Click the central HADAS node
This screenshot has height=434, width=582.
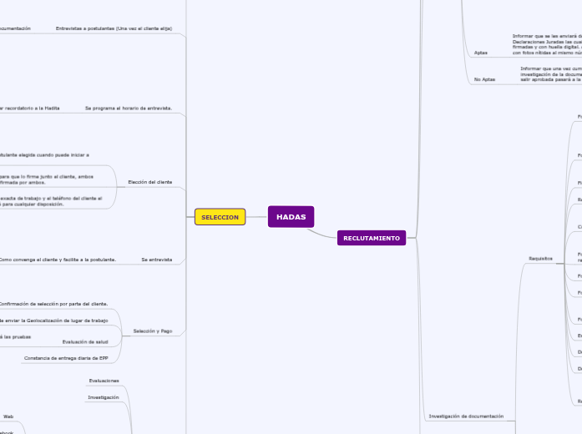(x=291, y=217)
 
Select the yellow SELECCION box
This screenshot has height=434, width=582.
(x=220, y=217)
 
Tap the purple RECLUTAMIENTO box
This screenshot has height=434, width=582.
(x=372, y=239)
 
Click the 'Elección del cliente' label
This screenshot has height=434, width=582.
(x=149, y=182)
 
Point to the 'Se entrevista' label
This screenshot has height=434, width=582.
(x=156, y=260)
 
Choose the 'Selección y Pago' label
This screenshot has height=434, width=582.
(x=153, y=331)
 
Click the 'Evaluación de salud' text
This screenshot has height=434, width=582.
(x=85, y=341)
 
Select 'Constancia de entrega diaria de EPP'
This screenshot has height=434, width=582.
(x=66, y=358)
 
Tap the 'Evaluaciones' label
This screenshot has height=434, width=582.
(x=104, y=381)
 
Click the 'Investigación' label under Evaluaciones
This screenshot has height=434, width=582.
(x=104, y=397)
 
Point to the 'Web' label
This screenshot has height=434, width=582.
(x=8, y=416)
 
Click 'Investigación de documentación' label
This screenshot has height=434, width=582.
(x=466, y=416)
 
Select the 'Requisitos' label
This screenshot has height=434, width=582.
(x=541, y=259)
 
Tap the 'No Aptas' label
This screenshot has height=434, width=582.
(x=484, y=79)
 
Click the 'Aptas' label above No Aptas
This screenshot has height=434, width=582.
(x=480, y=53)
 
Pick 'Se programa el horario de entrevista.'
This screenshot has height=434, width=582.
(x=129, y=108)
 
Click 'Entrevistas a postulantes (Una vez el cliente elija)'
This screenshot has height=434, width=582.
(x=114, y=28)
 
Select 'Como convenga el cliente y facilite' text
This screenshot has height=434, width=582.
(x=57, y=260)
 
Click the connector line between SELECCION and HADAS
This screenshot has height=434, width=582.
(x=256, y=217)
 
